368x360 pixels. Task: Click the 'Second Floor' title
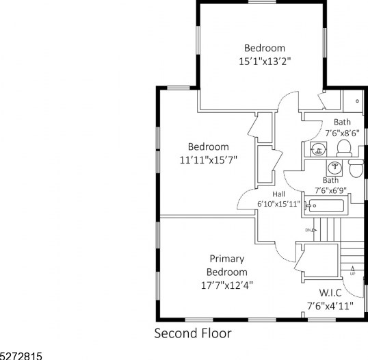pyautogui.click(x=193, y=333)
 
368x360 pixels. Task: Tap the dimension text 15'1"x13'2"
pyautogui.click(x=265, y=62)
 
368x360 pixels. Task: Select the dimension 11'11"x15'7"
pyautogui.click(x=209, y=160)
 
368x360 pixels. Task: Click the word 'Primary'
pyautogui.click(x=227, y=259)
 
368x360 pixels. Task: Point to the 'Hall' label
pyautogui.click(x=279, y=194)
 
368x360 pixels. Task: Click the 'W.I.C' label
pyautogui.click(x=330, y=293)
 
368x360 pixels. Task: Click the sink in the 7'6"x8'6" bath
pyautogui.click(x=318, y=149)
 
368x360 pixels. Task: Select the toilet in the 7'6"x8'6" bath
pyautogui.click(x=344, y=148)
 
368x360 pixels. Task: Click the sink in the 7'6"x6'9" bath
pyautogui.click(x=334, y=168)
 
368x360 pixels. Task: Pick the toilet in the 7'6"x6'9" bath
pyautogui.click(x=356, y=168)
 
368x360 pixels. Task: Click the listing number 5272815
pyautogui.click(x=21, y=357)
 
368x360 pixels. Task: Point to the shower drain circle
pyautogui.click(x=357, y=101)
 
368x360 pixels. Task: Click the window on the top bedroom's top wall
pyautogui.click(x=262, y=2)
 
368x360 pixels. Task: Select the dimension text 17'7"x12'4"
pyautogui.click(x=227, y=286)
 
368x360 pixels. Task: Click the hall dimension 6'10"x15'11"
pyautogui.click(x=279, y=204)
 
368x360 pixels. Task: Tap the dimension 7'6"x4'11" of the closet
pyautogui.click(x=330, y=306)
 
